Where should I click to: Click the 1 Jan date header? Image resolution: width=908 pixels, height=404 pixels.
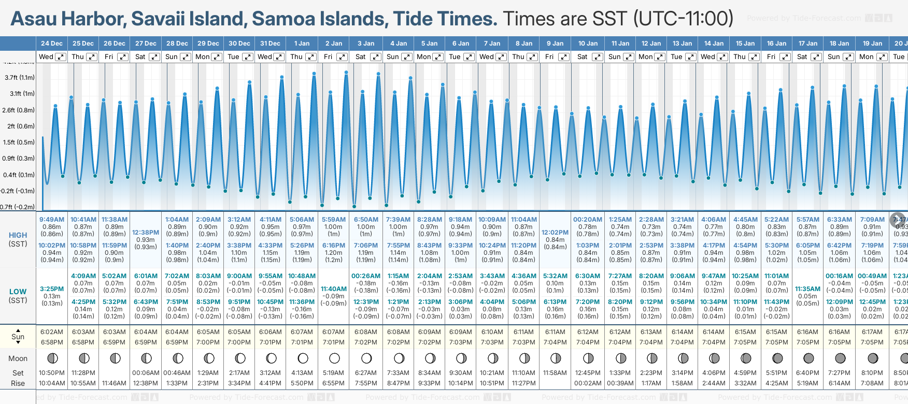pyautogui.click(x=302, y=44)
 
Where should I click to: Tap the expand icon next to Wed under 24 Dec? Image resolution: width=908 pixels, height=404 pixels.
pyautogui.click(x=61, y=57)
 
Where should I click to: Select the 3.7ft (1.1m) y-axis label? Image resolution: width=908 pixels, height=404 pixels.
pyautogui.click(x=20, y=78)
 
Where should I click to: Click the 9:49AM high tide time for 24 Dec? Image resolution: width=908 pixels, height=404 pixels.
pyautogui.click(x=52, y=220)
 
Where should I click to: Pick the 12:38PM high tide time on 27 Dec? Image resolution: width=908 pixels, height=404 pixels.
pyautogui.click(x=146, y=233)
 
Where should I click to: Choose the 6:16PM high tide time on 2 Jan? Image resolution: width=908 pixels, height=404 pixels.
pyautogui.click(x=333, y=246)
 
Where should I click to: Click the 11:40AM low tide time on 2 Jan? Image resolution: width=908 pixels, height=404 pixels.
pyautogui.click(x=334, y=289)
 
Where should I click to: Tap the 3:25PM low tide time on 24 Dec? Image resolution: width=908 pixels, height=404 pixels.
pyautogui.click(x=52, y=289)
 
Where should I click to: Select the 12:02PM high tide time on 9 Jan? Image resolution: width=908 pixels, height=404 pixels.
pyautogui.click(x=555, y=233)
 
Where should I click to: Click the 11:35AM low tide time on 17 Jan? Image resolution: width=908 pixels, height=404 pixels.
pyautogui.click(x=808, y=289)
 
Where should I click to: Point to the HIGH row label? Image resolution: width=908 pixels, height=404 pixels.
pyautogui.click(x=18, y=235)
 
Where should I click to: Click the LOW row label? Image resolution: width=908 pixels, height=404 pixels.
pyautogui.click(x=18, y=292)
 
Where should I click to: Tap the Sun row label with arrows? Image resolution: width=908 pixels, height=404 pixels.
pyautogui.click(x=18, y=337)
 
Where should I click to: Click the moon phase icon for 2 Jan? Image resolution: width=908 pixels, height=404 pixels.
pyautogui.click(x=334, y=358)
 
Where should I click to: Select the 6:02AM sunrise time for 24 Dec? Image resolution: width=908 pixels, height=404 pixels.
pyautogui.click(x=52, y=332)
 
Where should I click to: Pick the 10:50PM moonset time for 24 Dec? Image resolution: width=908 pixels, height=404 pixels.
pyautogui.click(x=52, y=373)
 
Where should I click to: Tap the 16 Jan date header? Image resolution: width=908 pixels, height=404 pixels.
pyautogui.click(x=776, y=44)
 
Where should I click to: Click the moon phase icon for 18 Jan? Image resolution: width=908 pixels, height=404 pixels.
pyautogui.click(x=840, y=358)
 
